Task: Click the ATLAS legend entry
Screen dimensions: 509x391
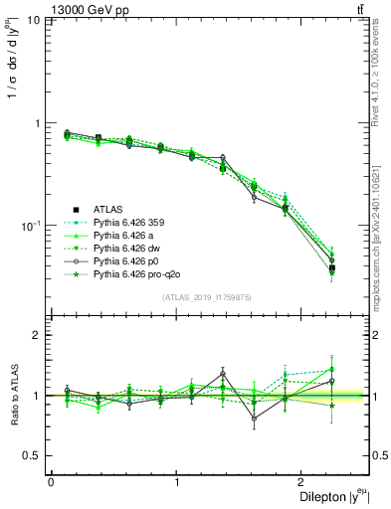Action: [x=108, y=209]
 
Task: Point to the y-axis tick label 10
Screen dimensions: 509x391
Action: [x=33, y=21]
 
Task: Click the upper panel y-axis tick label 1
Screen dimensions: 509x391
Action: [x=39, y=123]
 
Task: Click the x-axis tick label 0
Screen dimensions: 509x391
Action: [x=51, y=482]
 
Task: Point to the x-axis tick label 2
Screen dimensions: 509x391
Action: [x=304, y=482]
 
